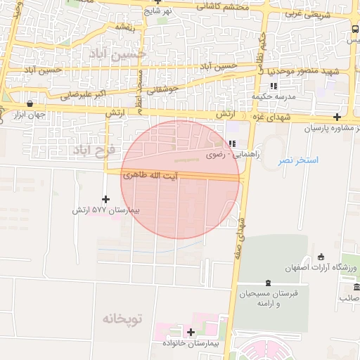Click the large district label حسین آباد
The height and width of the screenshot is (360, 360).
113,53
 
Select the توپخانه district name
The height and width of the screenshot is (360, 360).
122,319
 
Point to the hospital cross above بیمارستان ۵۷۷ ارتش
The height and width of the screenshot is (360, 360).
106,200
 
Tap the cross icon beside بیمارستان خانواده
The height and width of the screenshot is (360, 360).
191,332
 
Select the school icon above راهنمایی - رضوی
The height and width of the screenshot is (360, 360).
231,143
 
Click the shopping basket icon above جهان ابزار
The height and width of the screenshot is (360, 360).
29,104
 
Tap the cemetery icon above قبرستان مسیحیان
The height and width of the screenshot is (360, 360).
268,281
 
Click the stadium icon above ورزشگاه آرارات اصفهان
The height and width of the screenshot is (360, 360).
321,256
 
